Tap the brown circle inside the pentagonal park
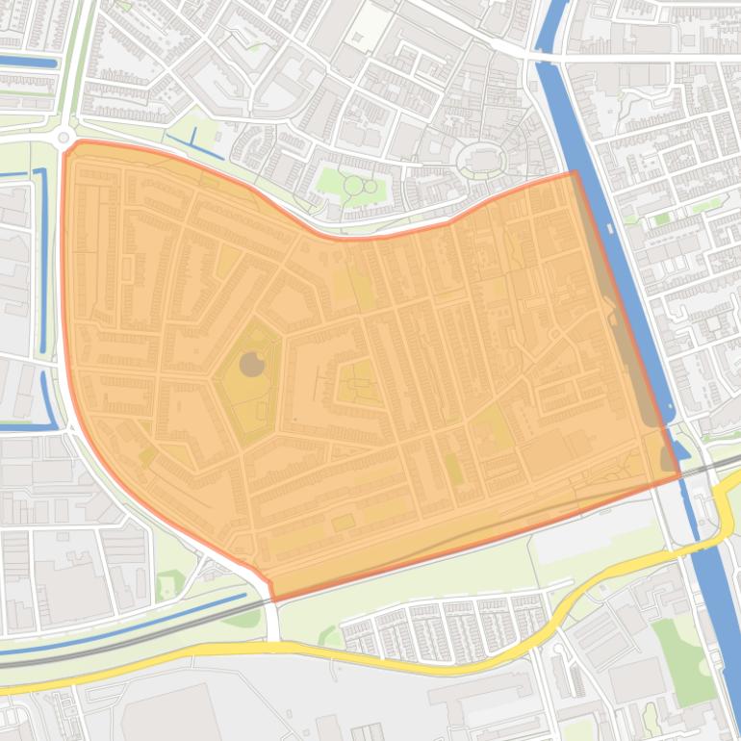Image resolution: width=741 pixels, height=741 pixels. [251, 364]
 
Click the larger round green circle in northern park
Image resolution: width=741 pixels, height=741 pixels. [353, 185]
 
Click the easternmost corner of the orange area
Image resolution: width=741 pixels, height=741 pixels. [679, 474]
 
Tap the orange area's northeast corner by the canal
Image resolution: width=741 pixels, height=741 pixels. [575, 172]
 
